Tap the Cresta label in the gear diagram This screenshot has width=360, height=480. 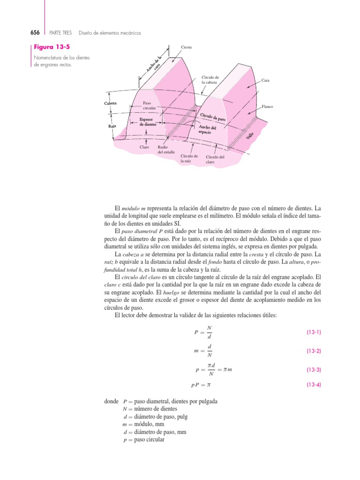tap(186, 47)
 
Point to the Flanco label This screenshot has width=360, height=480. tap(267, 106)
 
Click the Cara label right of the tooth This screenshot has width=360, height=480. tap(265, 81)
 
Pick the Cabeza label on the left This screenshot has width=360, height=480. tap(111, 103)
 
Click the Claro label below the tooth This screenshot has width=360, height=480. tap(144, 147)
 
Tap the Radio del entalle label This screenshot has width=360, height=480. tap(166, 150)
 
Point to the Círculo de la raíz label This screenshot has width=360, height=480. tap(189, 158)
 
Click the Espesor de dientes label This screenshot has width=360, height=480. tap(148, 122)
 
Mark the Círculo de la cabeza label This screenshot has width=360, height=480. tap(210, 80)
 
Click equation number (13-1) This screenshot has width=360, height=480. tap(314, 332)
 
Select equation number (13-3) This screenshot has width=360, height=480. tap(314, 370)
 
